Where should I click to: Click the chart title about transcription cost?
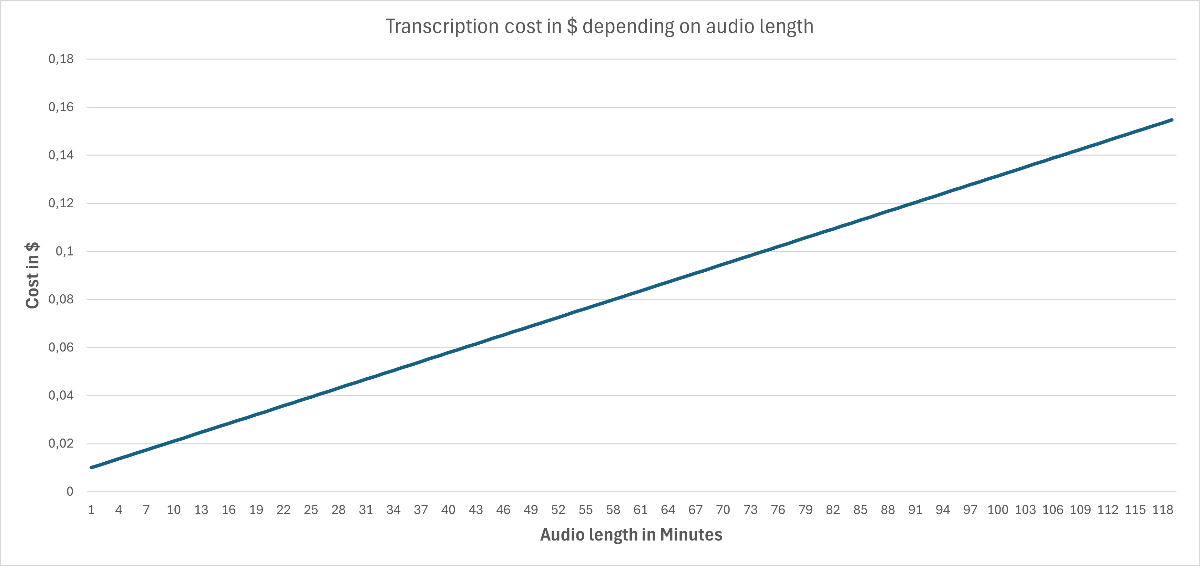(x=599, y=27)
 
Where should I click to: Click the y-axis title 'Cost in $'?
(x=32, y=275)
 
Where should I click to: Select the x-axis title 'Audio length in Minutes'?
(x=631, y=534)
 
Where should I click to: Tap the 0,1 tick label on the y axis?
(x=64, y=251)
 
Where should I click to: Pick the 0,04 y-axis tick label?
(x=61, y=396)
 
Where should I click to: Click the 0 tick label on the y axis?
(x=70, y=492)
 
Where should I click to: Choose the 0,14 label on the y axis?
(x=61, y=155)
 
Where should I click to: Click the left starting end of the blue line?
(x=92, y=467)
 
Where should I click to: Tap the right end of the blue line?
(x=1172, y=120)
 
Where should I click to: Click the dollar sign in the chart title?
(x=572, y=27)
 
